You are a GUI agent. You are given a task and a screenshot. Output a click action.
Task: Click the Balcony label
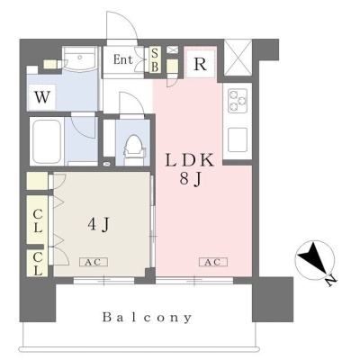(147, 318)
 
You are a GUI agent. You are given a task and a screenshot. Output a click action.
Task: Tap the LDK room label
(190, 160)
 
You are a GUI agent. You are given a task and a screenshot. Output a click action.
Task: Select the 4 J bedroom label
(98, 224)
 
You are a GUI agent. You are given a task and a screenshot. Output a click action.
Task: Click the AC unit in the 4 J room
(94, 262)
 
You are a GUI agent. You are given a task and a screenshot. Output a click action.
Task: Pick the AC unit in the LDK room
(213, 262)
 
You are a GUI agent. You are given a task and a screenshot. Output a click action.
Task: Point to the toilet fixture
(134, 146)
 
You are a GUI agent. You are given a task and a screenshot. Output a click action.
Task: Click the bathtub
(47, 141)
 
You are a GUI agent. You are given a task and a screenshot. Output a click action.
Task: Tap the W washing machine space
(41, 97)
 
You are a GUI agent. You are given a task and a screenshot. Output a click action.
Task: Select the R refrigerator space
(200, 64)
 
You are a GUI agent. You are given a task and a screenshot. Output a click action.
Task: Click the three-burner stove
(238, 101)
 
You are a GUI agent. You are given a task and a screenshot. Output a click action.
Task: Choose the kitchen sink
(238, 139)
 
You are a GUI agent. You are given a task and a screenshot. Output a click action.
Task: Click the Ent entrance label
(123, 59)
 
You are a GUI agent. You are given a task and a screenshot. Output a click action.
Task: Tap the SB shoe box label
(155, 60)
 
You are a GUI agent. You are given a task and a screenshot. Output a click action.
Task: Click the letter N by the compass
(331, 281)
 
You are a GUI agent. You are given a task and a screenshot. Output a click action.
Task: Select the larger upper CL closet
(37, 220)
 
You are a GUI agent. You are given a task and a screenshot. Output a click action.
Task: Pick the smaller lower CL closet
(37, 263)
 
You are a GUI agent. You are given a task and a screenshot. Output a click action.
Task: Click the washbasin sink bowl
(80, 59)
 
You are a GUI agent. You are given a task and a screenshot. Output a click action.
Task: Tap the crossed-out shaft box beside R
(238, 58)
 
